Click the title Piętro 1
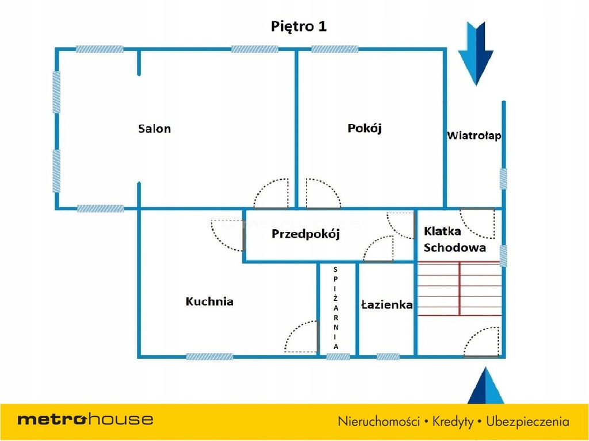point(299,26)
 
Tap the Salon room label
point(154,129)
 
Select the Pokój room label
point(365,128)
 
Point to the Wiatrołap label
point(474,136)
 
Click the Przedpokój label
point(306,234)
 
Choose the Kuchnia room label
point(209,301)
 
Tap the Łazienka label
point(387,305)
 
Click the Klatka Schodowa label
point(454,239)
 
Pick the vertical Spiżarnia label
point(336,308)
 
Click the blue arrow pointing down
point(476,53)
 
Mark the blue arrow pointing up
point(485,386)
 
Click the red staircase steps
point(460,289)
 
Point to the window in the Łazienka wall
point(388,357)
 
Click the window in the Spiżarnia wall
point(338,357)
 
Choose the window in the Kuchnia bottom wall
point(209,357)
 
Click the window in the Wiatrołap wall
point(503,179)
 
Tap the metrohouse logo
point(85,419)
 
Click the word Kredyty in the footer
point(450,421)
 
